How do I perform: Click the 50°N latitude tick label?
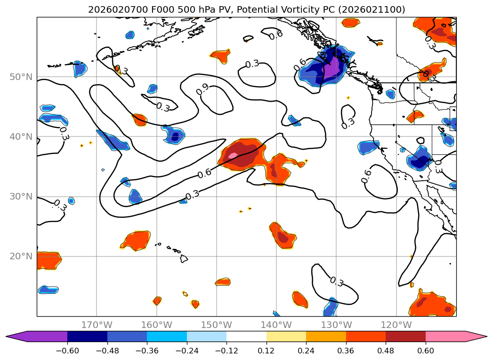click(x=21, y=77)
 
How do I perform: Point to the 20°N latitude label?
click(x=21, y=256)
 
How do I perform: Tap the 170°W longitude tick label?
click(x=97, y=325)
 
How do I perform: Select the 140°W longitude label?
click(x=276, y=325)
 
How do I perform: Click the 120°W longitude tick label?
click(x=396, y=325)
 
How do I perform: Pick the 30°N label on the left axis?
click(x=21, y=197)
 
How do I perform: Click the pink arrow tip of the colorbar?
click(x=480, y=336)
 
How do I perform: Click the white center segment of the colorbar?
click(x=246, y=336)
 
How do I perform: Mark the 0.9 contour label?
click(x=202, y=89)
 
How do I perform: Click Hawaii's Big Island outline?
click(x=184, y=258)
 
